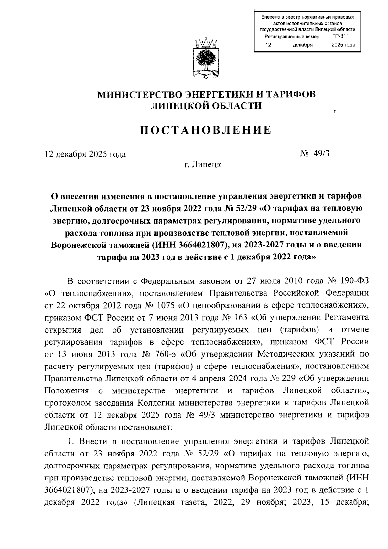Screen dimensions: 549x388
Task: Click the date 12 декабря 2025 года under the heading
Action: (x=85, y=154)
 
